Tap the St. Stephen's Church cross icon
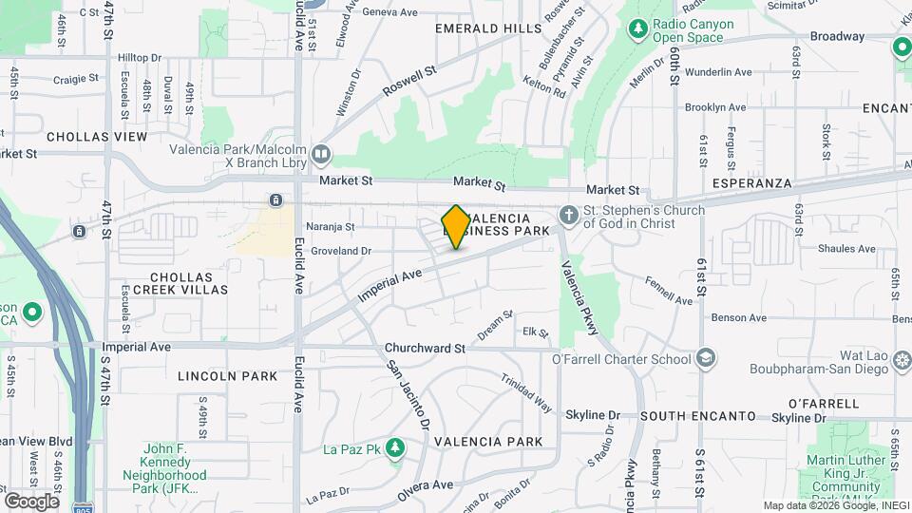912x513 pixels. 569,216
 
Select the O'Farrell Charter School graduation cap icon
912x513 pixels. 706,359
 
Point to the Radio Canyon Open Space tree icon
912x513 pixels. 637,30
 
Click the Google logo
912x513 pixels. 30,501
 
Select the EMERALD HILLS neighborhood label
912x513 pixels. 487,29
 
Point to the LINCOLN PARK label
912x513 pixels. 228,376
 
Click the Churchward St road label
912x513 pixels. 425,348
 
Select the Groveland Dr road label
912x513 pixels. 338,251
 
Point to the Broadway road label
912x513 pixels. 837,37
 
